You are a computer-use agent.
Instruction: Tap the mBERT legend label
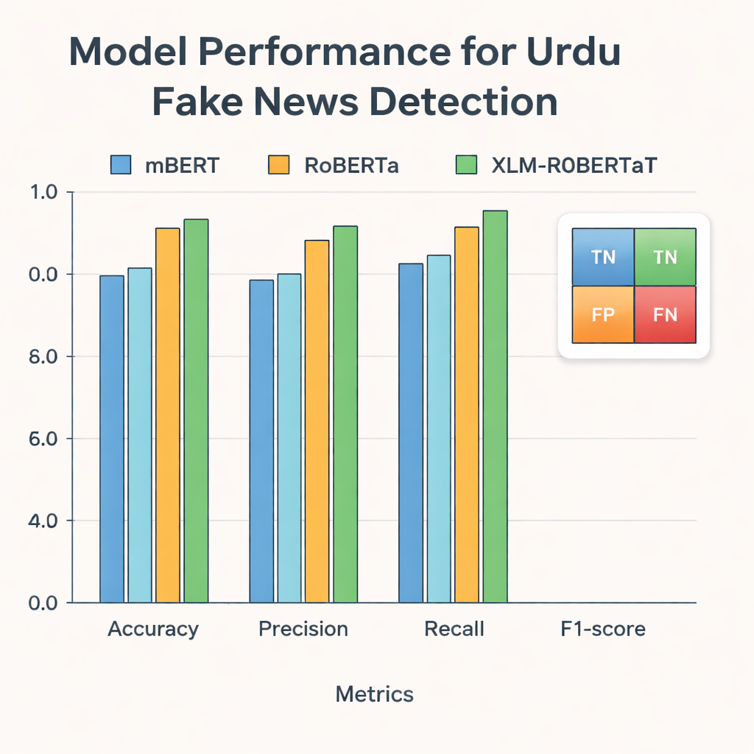(182, 165)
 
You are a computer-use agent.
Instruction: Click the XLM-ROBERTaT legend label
(574, 165)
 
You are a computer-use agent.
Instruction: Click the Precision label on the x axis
(303, 630)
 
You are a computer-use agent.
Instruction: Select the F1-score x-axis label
(602, 630)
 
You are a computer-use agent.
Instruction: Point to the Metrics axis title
(374, 694)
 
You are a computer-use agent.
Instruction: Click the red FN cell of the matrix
(665, 314)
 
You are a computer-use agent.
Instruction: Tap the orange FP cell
(603, 314)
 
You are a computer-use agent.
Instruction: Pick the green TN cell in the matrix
(665, 257)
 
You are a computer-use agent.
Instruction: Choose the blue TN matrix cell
(603, 257)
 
